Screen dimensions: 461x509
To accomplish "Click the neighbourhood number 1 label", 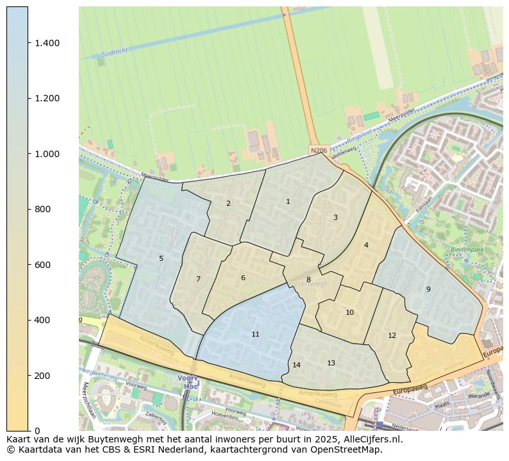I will click(x=288, y=202).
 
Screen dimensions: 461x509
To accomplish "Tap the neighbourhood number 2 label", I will click(x=228, y=204).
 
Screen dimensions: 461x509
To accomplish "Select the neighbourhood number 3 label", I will click(x=335, y=218).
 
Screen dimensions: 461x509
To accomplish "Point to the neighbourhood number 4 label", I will click(x=366, y=246).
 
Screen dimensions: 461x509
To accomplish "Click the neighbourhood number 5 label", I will click(x=161, y=259).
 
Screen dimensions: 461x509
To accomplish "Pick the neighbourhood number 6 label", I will click(x=243, y=278).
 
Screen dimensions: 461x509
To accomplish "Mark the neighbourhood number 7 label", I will click(x=198, y=280).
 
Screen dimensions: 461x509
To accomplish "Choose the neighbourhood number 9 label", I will click(x=428, y=290).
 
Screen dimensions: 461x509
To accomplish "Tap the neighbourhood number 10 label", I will click(x=349, y=313).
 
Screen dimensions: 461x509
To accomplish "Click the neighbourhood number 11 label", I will click(x=255, y=335).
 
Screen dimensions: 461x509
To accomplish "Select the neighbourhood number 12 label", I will click(x=392, y=336).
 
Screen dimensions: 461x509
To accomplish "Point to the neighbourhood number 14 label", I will click(x=296, y=365).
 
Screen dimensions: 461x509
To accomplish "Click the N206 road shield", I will click(x=319, y=151).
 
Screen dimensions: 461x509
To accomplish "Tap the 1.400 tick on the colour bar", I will click(x=47, y=43).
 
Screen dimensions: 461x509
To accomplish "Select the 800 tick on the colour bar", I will click(x=42, y=209).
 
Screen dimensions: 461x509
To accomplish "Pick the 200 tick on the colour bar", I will click(x=42, y=375).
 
